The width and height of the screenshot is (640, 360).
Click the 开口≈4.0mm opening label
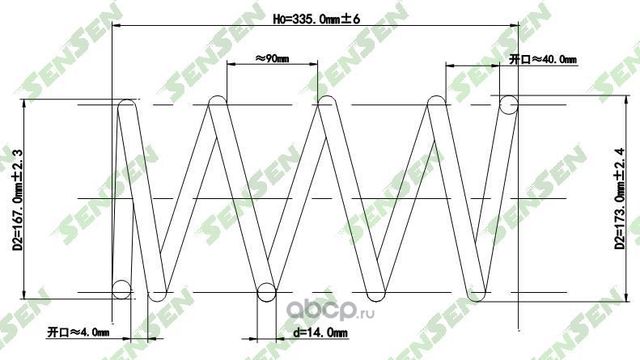(77, 329)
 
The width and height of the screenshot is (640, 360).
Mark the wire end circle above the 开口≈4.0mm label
(121, 290)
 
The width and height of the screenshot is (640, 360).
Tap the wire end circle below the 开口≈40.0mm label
(509, 103)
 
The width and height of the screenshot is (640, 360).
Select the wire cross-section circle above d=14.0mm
(266, 292)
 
